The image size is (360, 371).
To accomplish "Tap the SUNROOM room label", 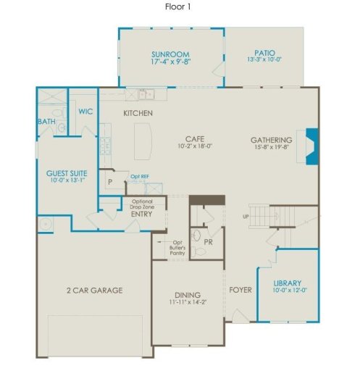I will click(x=170, y=54).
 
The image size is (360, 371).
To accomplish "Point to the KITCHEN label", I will click(x=137, y=113).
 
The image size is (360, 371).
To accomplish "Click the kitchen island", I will click(x=142, y=141).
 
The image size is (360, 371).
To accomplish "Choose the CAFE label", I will click(x=193, y=138).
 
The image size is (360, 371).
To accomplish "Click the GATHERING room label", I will click(x=271, y=140).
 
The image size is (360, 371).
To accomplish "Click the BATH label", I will click(x=46, y=121).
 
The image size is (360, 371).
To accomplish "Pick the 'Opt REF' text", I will click(x=139, y=176).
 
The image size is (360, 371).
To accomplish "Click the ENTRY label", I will click(x=141, y=214).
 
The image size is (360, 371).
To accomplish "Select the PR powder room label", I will click(x=207, y=241).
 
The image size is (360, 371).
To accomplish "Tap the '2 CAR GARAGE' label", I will click(x=93, y=290).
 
